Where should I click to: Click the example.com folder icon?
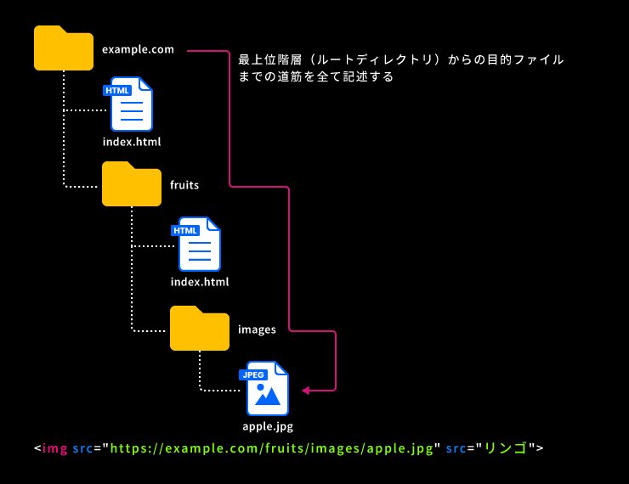pyautogui.click(x=64, y=48)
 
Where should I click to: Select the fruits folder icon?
pyautogui.click(x=132, y=184)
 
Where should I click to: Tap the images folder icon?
pyautogui.click(x=200, y=329)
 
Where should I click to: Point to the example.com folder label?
pyautogui.click(x=138, y=49)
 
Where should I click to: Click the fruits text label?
pyautogui.click(x=184, y=184)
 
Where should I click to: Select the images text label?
pyautogui.click(x=257, y=329)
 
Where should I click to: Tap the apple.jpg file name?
pyautogui.click(x=268, y=427)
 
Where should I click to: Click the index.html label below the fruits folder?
pyautogui.click(x=200, y=282)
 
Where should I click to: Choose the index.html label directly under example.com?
pyautogui.click(x=132, y=142)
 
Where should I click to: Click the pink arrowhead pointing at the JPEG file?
pyautogui.click(x=307, y=391)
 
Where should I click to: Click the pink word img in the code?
pyautogui.click(x=54, y=447)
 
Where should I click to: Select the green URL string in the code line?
pyautogui.click(x=272, y=447)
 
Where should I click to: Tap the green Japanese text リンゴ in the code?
pyautogui.click(x=506, y=447)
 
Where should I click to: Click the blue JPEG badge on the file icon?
pyautogui.click(x=253, y=374)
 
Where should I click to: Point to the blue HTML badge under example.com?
pyautogui.click(x=116, y=90)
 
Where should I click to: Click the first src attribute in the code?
pyautogui.click(x=82, y=447)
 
